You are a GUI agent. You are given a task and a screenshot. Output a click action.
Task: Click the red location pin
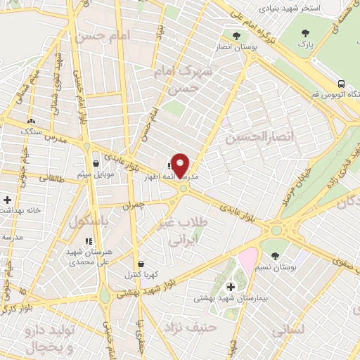(x=180, y=165)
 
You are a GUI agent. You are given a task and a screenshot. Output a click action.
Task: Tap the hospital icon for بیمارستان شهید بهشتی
(x=231, y=286)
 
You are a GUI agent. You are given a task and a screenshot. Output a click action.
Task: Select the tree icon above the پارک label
(x=304, y=33)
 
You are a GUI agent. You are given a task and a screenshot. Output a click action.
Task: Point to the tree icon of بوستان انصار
(x=236, y=35)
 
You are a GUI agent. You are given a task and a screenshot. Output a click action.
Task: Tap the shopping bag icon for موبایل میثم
(x=95, y=164)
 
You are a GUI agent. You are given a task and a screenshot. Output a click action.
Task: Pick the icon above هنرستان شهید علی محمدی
(x=88, y=241)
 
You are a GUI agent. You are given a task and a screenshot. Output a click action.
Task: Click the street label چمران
(x=132, y=206)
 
